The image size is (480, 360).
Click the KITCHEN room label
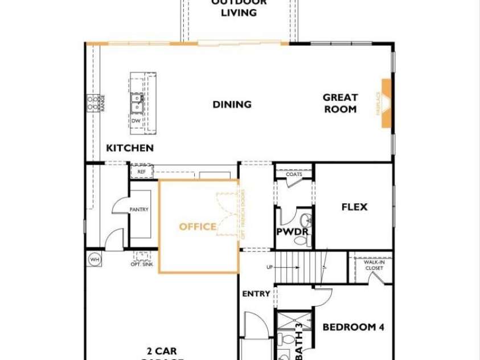click(x=130, y=148)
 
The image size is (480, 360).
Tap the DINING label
click(x=232, y=104)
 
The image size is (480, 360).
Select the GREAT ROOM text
click(x=340, y=103)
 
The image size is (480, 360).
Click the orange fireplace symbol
click(x=387, y=103)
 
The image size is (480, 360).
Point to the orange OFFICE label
click(x=198, y=227)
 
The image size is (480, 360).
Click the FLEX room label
click(x=354, y=207)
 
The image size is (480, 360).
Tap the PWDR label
click(x=292, y=232)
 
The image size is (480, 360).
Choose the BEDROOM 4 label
click(x=353, y=327)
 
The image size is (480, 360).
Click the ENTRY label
click(x=256, y=294)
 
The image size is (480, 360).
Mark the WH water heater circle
click(x=94, y=260)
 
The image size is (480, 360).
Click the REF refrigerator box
click(x=141, y=170)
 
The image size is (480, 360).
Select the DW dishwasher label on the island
click(x=136, y=121)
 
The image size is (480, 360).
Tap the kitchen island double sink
click(x=136, y=103)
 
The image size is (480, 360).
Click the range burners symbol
click(x=91, y=103)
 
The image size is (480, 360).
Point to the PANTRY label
click(x=139, y=210)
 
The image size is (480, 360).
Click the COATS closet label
click(x=294, y=174)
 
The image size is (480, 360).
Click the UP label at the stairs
click(x=270, y=267)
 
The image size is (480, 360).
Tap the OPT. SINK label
click(x=141, y=264)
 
